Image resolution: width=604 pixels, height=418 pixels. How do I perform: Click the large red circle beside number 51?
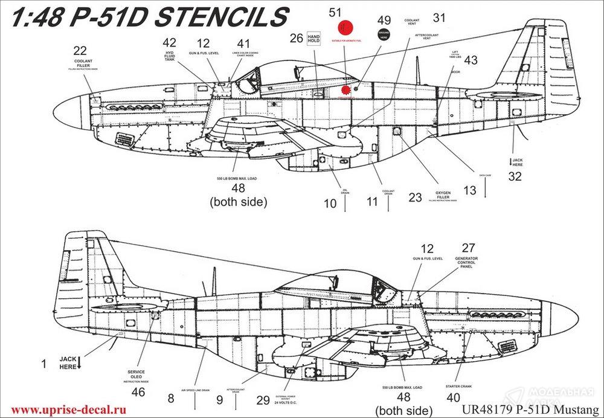(345, 28)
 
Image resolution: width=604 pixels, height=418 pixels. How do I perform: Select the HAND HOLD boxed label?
(314, 38)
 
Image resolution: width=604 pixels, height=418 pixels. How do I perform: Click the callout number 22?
(80, 50)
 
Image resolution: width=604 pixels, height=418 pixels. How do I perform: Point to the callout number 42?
(170, 43)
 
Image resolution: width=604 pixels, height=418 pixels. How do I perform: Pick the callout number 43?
(470, 60)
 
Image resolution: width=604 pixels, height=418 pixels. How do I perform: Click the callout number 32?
(515, 176)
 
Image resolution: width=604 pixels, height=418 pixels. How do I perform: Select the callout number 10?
(330, 204)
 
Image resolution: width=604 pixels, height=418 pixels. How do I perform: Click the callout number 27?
(468, 248)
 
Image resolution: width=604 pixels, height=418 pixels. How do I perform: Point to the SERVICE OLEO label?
(136, 375)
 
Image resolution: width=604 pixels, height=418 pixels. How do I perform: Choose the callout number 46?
(138, 391)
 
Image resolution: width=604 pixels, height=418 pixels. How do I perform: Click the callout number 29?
(263, 399)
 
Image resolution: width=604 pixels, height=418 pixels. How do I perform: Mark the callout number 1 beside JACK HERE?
(43, 364)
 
